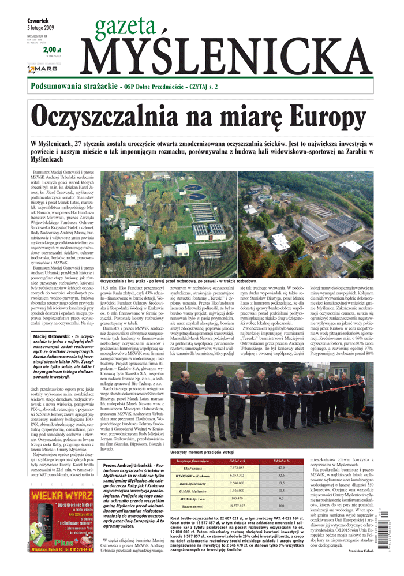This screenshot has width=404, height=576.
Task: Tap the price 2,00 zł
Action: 50,50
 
